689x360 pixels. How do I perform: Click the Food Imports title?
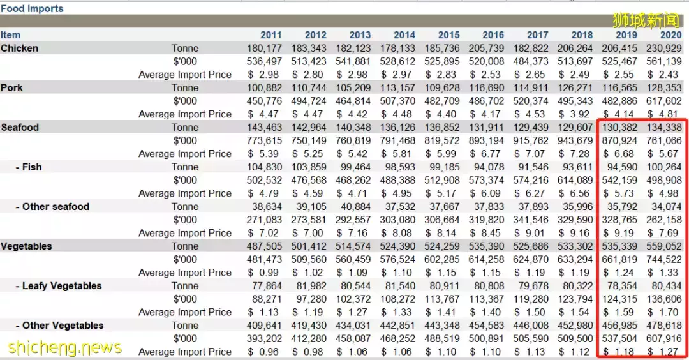click(32, 9)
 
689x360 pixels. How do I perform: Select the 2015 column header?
click(449, 35)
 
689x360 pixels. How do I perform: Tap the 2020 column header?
click(671, 35)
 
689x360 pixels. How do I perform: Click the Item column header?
click(10, 35)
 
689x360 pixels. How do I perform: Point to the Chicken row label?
click(19, 49)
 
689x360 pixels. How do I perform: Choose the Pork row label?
click(11, 88)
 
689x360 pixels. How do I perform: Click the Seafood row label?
click(20, 128)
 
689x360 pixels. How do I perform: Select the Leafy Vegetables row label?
click(62, 286)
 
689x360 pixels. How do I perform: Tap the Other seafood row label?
click(56, 207)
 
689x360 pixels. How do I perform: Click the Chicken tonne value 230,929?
click(664, 49)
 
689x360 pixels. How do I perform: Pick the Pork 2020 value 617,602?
click(664, 101)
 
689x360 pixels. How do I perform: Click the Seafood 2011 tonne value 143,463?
click(265, 128)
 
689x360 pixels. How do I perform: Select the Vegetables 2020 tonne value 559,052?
click(664, 246)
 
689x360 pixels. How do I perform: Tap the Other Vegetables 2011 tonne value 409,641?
click(265, 326)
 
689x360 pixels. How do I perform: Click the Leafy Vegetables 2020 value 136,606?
click(664, 299)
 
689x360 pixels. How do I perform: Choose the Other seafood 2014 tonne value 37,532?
click(399, 207)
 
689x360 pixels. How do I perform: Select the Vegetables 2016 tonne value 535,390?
click(487, 246)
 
